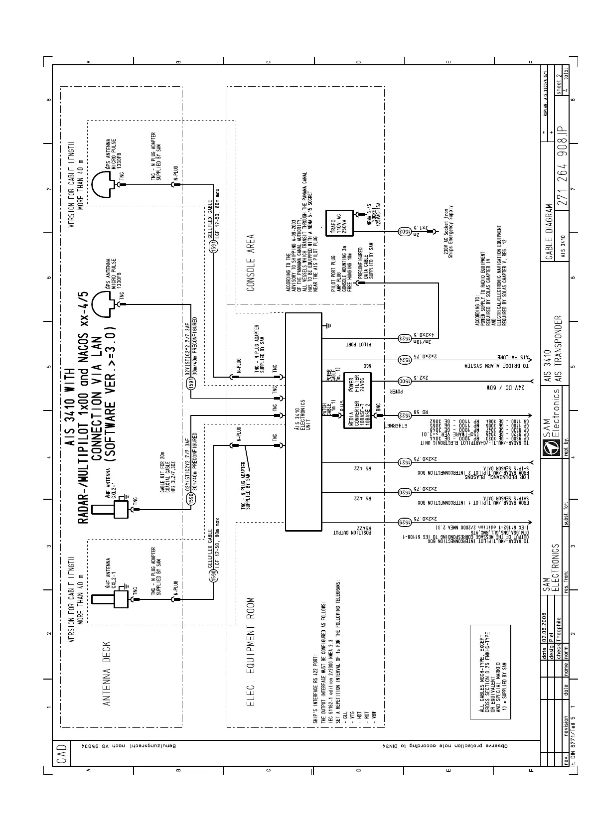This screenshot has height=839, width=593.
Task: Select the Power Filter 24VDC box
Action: (360, 381)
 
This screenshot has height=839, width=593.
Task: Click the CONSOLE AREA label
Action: (251, 263)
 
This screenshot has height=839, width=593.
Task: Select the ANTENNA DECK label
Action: (106, 673)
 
